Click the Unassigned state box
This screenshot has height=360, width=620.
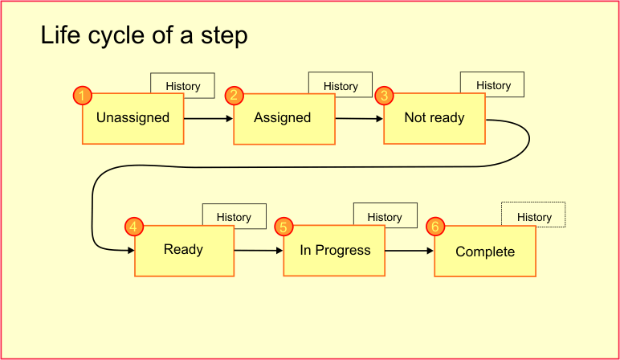133,119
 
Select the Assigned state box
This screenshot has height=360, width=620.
284,119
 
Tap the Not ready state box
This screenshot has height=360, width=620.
434,119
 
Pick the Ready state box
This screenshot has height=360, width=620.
184,251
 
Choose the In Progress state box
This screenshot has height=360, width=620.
335,251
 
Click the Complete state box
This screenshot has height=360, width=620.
485,252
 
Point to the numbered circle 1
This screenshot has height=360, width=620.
83,96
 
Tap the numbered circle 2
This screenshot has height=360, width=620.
235,96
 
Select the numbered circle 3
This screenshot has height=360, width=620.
385,96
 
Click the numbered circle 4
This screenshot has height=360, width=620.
134,227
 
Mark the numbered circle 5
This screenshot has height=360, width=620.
284,227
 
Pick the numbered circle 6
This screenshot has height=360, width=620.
435,227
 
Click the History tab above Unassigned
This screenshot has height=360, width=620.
183,85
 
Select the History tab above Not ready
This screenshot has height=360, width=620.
492,84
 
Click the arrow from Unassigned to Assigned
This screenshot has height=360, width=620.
209,119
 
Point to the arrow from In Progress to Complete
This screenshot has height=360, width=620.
410,251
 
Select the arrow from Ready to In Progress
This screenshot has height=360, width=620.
259,251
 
